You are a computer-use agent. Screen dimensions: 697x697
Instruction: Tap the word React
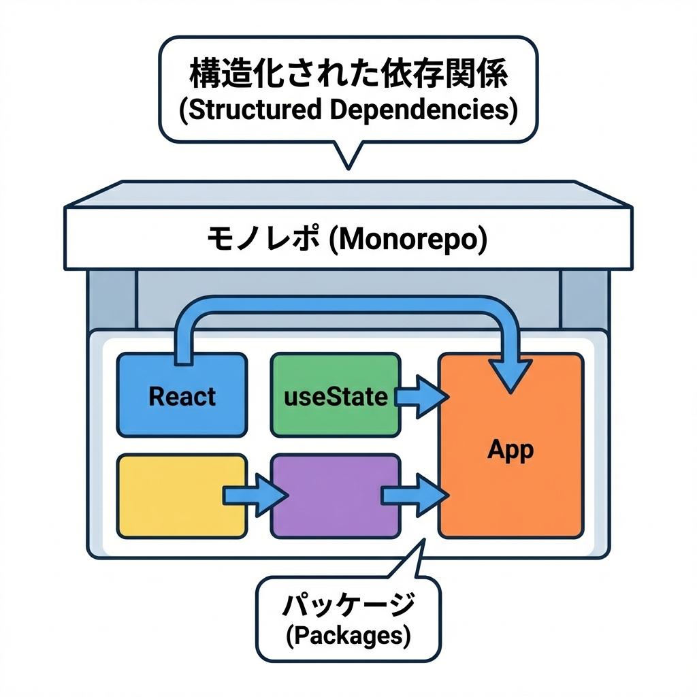tap(182, 396)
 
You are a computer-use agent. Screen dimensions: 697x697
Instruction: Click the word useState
tap(336, 396)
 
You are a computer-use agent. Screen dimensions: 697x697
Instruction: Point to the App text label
tap(510, 449)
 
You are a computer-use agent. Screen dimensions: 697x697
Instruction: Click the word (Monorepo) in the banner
tap(408, 240)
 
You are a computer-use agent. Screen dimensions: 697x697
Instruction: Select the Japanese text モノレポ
tap(263, 240)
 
